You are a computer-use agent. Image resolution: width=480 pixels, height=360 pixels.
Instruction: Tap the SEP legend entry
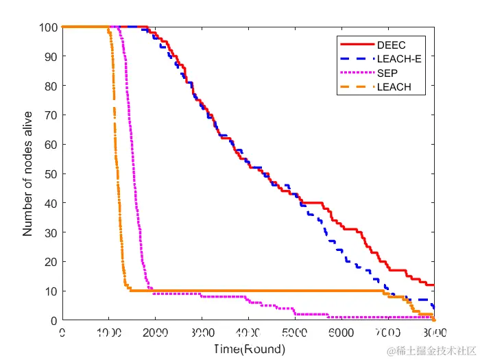pos(386,73)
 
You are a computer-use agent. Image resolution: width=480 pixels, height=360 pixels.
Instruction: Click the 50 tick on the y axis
pos(49,174)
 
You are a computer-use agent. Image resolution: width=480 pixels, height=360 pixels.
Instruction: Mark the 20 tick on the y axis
pos(49,262)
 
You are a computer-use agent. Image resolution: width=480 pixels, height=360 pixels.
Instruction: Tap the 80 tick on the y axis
pos(49,86)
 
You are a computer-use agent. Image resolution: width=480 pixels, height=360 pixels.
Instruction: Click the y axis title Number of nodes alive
pos(27,174)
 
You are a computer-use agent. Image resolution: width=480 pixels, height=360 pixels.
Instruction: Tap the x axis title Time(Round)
pos(248,348)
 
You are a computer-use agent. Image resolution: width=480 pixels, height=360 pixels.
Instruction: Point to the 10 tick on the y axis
pos(49,291)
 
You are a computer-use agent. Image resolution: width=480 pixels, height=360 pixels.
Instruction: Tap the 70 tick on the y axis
pos(49,116)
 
